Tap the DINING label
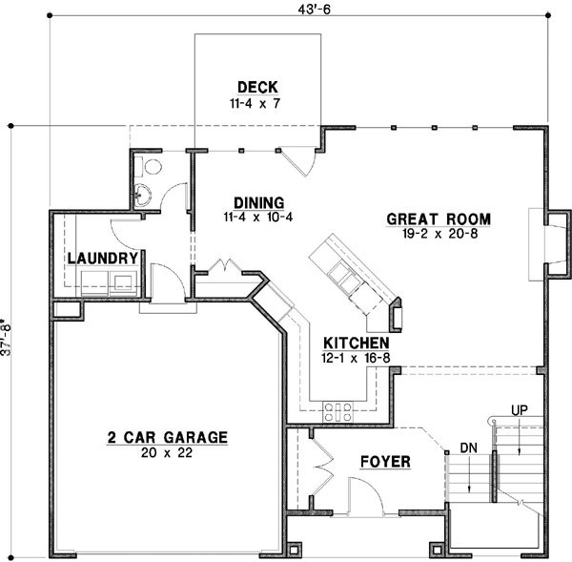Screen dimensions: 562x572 tap(259, 202)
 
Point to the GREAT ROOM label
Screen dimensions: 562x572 tap(439, 219)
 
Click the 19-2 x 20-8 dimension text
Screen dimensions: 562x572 tap(439, 234)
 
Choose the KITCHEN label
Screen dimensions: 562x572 tap(356, 343)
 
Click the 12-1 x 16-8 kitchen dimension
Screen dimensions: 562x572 tap(356, 358)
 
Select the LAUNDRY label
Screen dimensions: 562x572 tap(105, 258)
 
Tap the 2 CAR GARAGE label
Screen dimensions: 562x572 tap(167, 438)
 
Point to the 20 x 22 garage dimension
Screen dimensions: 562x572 tap(167, 453)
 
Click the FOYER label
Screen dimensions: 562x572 tap(385, 462)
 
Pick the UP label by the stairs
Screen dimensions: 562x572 tap(519, 410)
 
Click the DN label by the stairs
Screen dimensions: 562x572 tap(467, 446)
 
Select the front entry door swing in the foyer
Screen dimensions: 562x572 tap(363, 497)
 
